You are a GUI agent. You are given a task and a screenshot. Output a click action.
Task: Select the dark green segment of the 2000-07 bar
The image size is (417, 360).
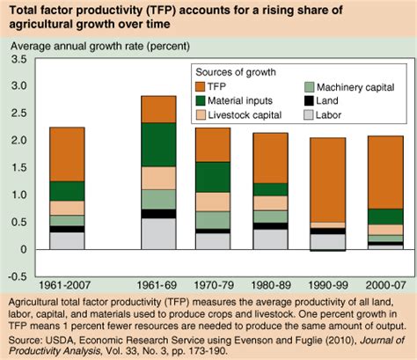[x=385, y=217]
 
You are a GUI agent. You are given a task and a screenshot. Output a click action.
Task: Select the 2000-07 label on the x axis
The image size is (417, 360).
[x=385, y=286]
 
